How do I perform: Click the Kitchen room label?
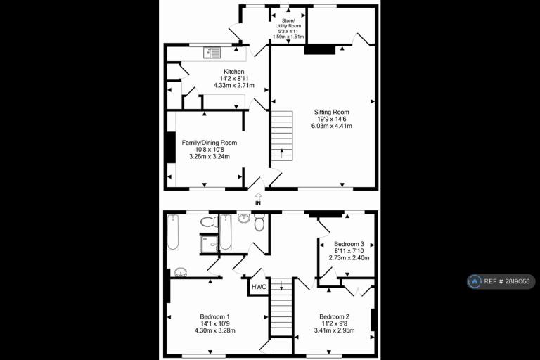click(x=234, y=72)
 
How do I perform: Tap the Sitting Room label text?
click(x=331, y=112)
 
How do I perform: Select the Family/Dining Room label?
click(x=210, y=143)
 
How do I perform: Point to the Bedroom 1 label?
click(x=215, y=316)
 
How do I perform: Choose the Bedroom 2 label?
click(x=334, y=316)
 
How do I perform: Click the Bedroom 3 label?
click(x=349, y=244)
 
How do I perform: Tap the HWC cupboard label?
click(x=259, y=287)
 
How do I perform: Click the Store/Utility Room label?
click(x=288, y=23)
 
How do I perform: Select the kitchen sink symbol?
click(x=212, y=53)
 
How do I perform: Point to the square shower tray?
click(x=209, y=243)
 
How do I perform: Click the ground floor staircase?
click(x=282, y=136)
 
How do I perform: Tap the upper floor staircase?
click(x=281, y=307)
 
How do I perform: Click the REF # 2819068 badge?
click(x=501, y=281)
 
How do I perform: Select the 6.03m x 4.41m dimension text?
click(x=331, y=126)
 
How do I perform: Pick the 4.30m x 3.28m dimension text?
click(x=215, y=330)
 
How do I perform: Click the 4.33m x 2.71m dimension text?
click(x=234, y=86)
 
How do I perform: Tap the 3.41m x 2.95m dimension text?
click(x=334, y=330)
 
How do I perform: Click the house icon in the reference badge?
click(x=475, y=281)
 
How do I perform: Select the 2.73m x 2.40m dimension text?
click(x=349, y=257)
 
